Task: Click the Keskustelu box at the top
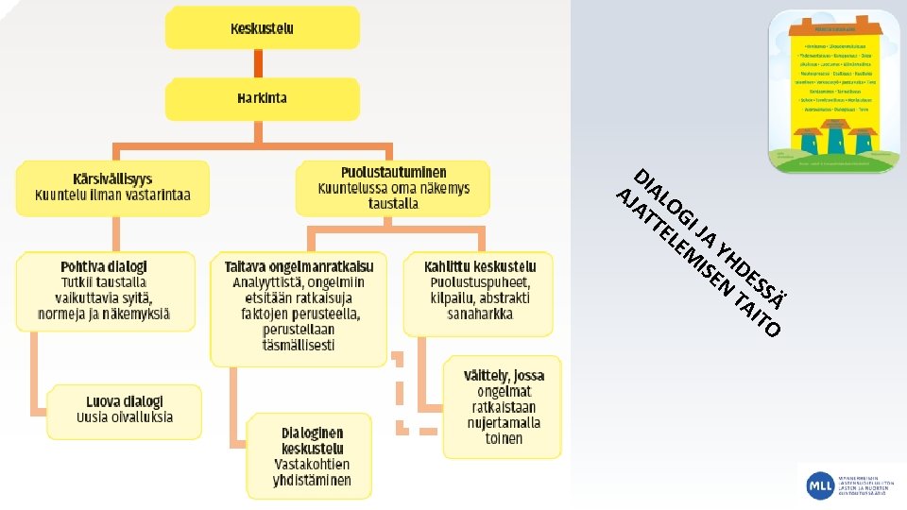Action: pyautogui.click(x=262, y=28)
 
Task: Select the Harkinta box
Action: pyautogui.click(x=262, y=98)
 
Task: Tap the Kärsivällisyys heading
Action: pyautogui.click(x=112, y=178)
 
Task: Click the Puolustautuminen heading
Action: pyautogui.click(x=393, y=173)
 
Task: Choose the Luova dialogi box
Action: pyautogui.click(x=125, y=409)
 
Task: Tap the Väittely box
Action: pyautogui.click(x=503, y=406)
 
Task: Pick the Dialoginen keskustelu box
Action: pyautogui.click(x=312, y=456)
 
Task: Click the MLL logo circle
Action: pyautogui.click(x=818, y=485)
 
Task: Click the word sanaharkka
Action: pyautogui.click(x=480, y=314)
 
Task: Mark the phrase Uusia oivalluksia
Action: pyautogui.click(x=125, y=417)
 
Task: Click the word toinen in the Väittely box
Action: pyautogui.click(x=504, y=438)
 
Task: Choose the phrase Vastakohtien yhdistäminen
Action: pyautogui.click(x=312, y=472)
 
